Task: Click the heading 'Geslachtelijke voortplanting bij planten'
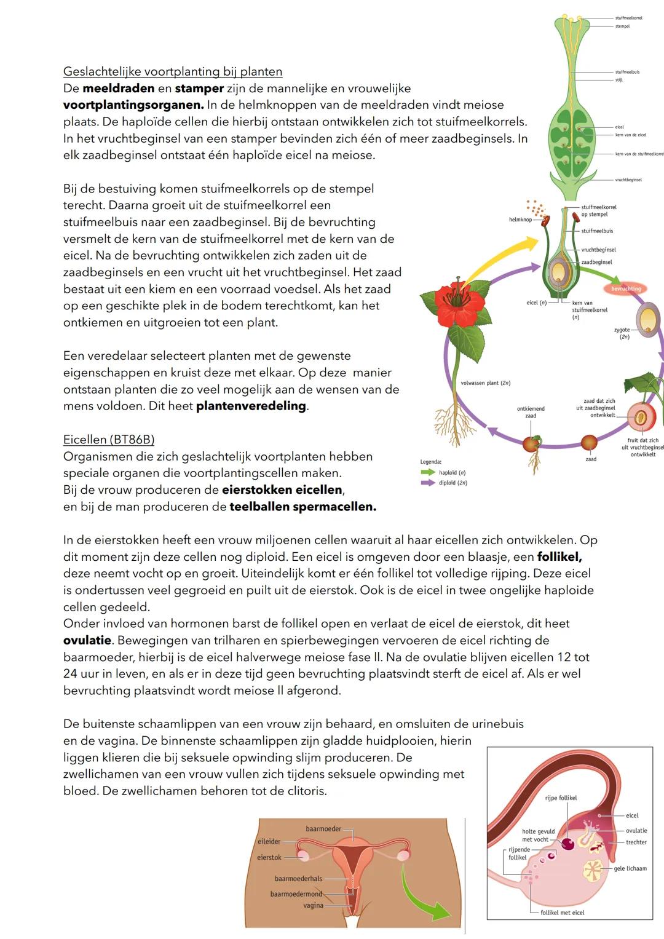(x=173, y=71)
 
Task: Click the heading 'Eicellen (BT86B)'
(x=109, y=440)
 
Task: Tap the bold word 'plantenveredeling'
(x=251, y=406)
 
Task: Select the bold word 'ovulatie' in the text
(x=87, y=640)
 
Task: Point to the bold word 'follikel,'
(x=559, y=557)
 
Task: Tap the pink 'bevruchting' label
(x=626, y=288)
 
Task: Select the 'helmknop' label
(x=520, y=220)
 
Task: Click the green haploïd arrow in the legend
(x=428, y=472)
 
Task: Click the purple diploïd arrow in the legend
(x=428, y=483)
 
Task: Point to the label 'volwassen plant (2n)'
(x=486, y=383)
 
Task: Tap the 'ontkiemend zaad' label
(x=531, y=412)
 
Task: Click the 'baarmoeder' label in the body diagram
(x=323, y=829)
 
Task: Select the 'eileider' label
(x=269, y=841)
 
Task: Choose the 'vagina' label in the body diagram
(x=313, y=905)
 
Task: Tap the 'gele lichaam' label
(x=630, y=868)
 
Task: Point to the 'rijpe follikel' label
(x=561, y=798)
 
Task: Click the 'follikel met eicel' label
(x=562, y=913)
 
